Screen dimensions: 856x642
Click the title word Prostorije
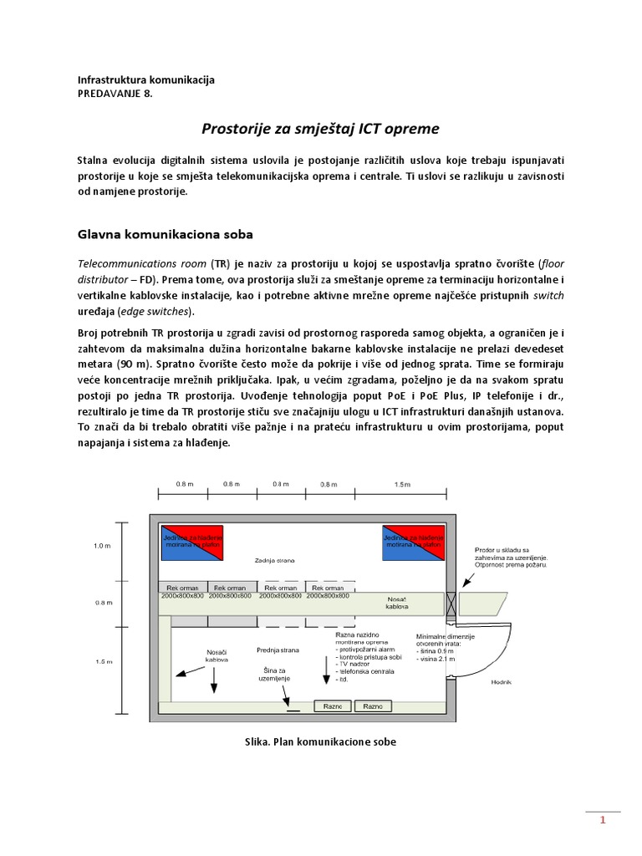click(x=242, y=129)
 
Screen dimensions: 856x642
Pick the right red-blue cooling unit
click(x=414, y=544)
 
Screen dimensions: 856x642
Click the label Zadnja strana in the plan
click(x=274, y=560)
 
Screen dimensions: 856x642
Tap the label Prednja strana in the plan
click(x=278, y=649)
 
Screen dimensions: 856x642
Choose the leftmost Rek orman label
click(x=183, y=588)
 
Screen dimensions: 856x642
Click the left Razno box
click(x=334, y=706)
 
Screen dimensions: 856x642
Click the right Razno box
click(x=373, y=706)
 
